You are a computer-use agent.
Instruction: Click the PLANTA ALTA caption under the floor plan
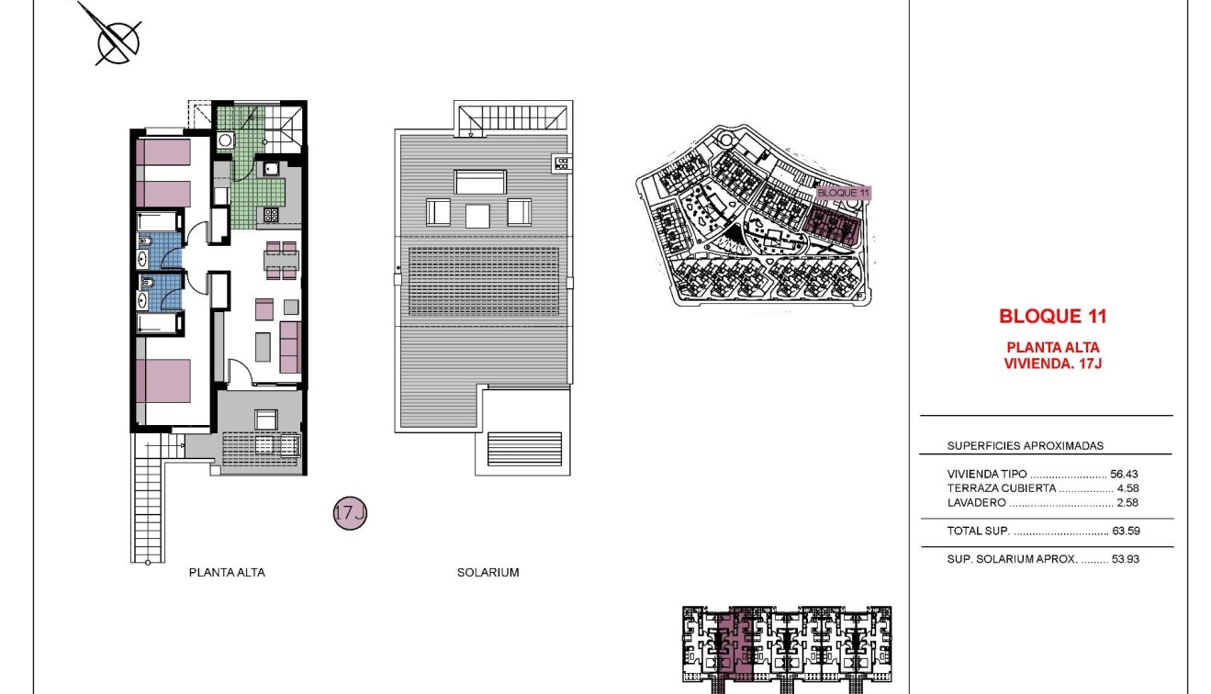click(227, 573)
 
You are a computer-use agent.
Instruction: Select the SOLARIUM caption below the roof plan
click(488, 573)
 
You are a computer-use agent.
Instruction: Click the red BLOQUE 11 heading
click(1052, 317)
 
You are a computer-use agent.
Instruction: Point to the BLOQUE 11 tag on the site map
click(842, 193)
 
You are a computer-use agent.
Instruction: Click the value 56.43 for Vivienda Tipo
click(1124, 475)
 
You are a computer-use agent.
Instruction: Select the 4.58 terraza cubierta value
click(1127, 488)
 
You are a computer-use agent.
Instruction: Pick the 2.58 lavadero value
click(1127, 503)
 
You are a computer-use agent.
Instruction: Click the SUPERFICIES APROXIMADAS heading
click(1025, 446)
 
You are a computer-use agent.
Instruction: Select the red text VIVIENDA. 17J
click(1052, 363)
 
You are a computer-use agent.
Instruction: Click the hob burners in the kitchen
click(272, 216)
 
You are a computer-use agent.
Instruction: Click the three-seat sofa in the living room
click(291, 347)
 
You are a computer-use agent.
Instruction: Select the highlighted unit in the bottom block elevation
click(740, 647)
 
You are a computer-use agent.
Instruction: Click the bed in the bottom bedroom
click(163, 381)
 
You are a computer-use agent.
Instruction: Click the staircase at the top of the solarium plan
click(512, 118)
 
